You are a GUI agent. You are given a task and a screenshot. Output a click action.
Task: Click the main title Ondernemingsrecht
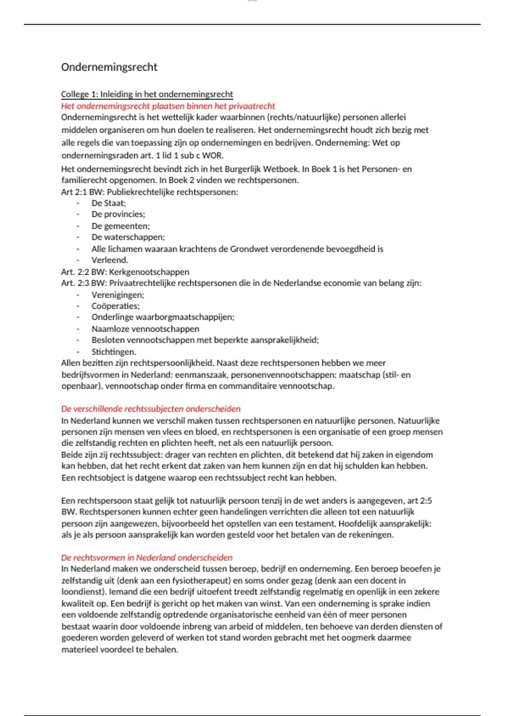click(109, 67)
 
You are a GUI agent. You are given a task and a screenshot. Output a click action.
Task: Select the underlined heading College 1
click(147, 94)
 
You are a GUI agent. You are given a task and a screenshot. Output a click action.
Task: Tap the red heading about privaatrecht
click(168, 106)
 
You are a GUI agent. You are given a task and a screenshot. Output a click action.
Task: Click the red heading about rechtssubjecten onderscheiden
click(151, 409)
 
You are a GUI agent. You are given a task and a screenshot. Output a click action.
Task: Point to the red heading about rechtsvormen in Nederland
click(146, 558)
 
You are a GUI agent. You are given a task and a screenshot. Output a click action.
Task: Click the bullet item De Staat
click(109, 203)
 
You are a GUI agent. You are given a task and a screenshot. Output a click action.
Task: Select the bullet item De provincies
click(118, 214)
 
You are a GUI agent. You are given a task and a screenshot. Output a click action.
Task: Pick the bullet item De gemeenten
click(120, 226)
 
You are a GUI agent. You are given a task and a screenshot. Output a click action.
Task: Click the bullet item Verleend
click(110, 260)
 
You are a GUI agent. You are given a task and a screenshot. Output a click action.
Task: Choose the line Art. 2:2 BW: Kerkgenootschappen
click(125, 272)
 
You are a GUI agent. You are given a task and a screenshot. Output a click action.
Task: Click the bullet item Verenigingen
click(118, 295)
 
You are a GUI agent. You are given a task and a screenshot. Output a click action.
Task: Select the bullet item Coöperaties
click(116, 306)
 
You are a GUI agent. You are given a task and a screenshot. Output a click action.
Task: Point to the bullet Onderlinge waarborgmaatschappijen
click(163, 317)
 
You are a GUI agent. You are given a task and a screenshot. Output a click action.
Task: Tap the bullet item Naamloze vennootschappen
click(145, 329)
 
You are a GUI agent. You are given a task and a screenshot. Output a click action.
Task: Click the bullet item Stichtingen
click(114, 352)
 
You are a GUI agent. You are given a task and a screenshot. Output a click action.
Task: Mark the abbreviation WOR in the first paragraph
click(213, 155)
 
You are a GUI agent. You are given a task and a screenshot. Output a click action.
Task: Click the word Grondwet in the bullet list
click(249, 249)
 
